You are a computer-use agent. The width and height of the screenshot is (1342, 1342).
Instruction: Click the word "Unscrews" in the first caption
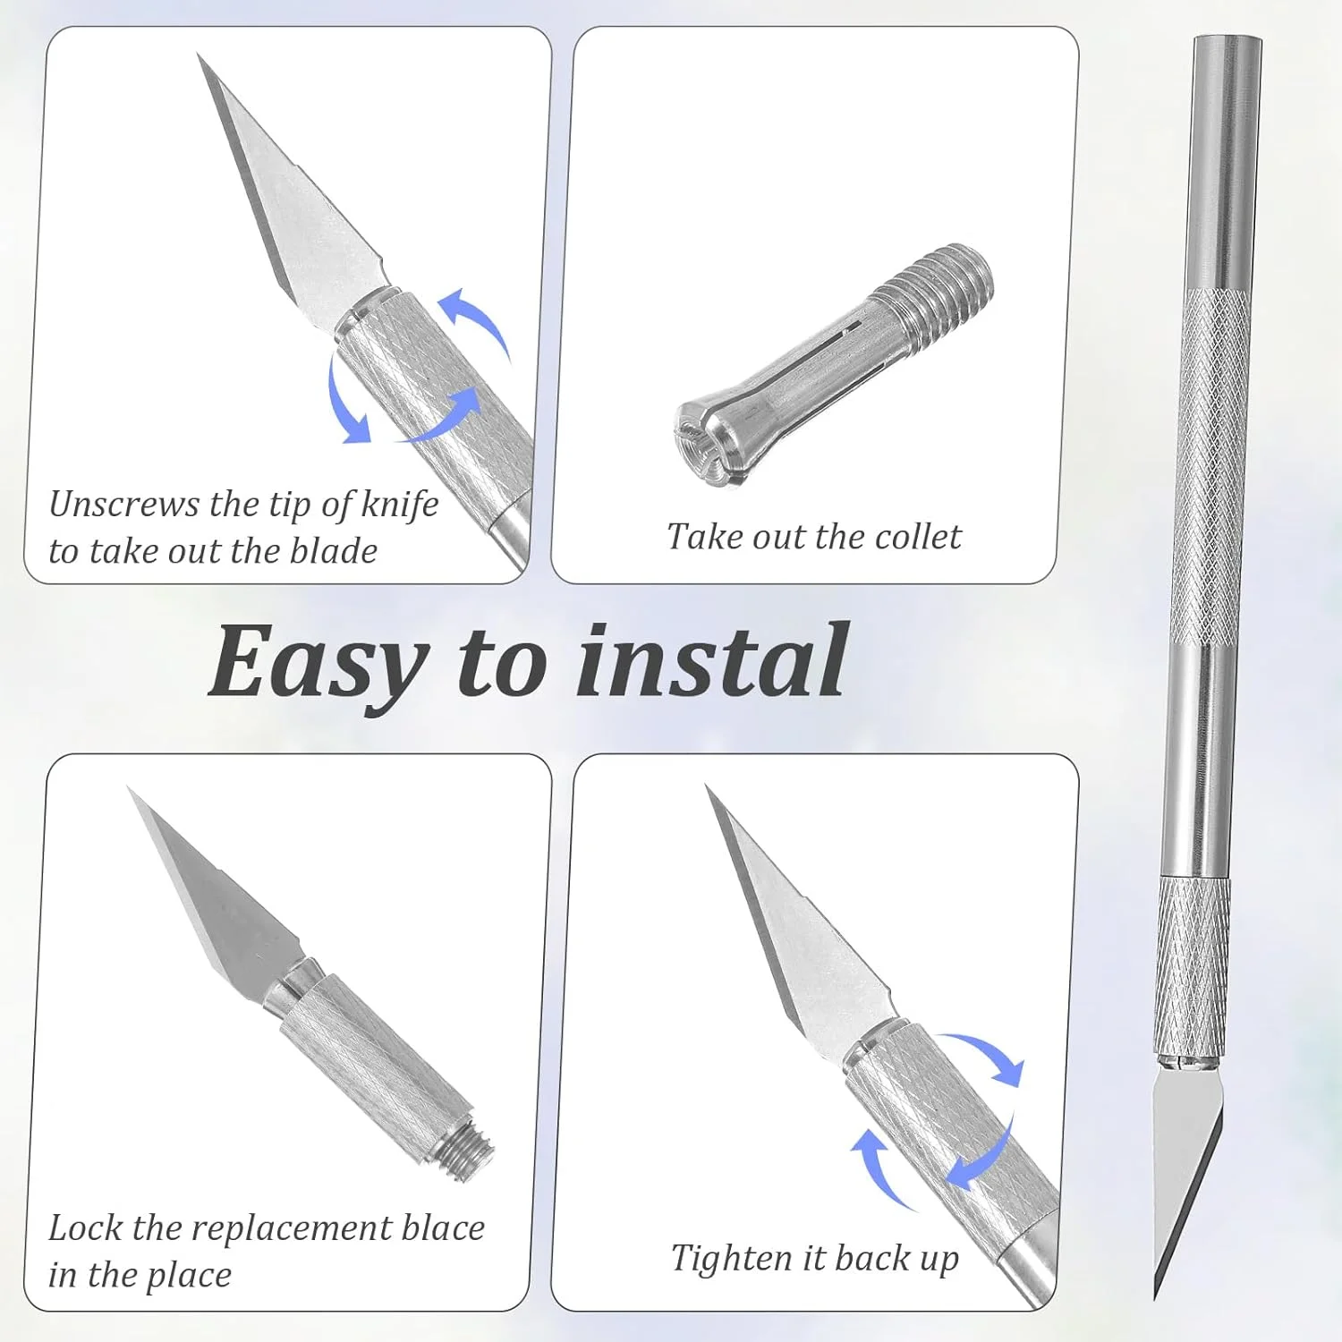(x=123, y=505)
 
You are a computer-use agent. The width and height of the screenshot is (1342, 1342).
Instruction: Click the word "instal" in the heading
(x=712, y=659)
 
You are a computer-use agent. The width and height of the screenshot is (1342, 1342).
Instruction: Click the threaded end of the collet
(x=935, y=291)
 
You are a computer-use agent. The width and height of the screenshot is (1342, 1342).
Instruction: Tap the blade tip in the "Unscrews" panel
(x=199, y=55)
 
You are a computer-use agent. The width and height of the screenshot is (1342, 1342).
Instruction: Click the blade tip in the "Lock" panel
(x=130, y=789)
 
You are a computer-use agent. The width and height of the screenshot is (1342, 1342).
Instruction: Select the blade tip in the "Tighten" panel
(x=709, y=787)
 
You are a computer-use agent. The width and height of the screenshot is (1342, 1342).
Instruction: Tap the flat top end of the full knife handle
(x=1227, y=39)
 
